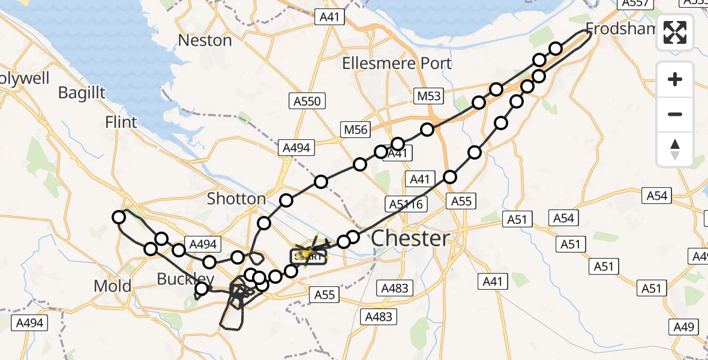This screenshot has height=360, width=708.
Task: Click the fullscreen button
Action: (x=675, y=32)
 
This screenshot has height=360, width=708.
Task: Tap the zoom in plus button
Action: (x=675, y=79)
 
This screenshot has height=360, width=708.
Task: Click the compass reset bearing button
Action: (x=675, y=149)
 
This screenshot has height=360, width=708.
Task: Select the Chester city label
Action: (x=410, y=238)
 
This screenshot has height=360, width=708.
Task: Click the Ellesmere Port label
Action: (x=396, y=63)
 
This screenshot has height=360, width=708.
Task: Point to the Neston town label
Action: (x=205, y=40)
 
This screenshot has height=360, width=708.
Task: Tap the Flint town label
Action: (x=121, y=122)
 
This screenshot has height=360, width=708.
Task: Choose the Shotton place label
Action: (x=236, y=199)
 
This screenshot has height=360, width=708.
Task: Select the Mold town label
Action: (x=112, y=286)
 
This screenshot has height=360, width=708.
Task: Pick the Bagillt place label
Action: (x=82, y=92)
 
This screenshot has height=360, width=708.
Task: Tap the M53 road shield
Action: (x=429, y=95)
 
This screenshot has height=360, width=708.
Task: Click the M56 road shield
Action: (x=356, y=129)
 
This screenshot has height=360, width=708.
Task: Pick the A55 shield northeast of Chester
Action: (x=461, y=201)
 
